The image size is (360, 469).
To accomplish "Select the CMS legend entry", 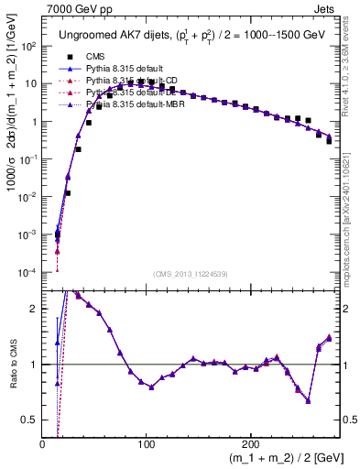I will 95,55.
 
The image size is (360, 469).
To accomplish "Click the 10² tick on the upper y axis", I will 28,45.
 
